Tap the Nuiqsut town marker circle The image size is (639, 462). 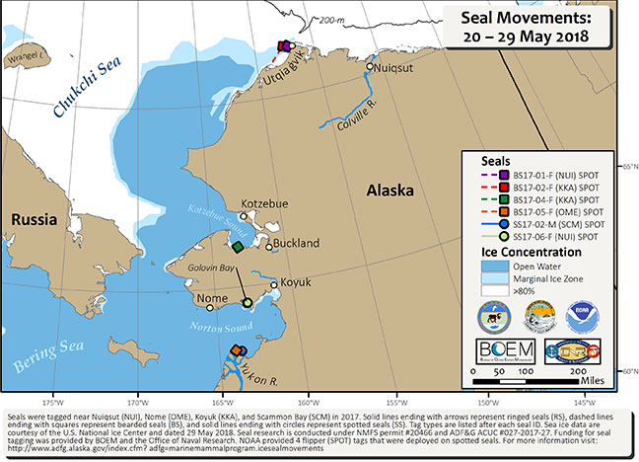[370, 68]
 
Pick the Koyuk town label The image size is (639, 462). [295, 282]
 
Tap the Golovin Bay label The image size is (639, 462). [214, 267]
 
